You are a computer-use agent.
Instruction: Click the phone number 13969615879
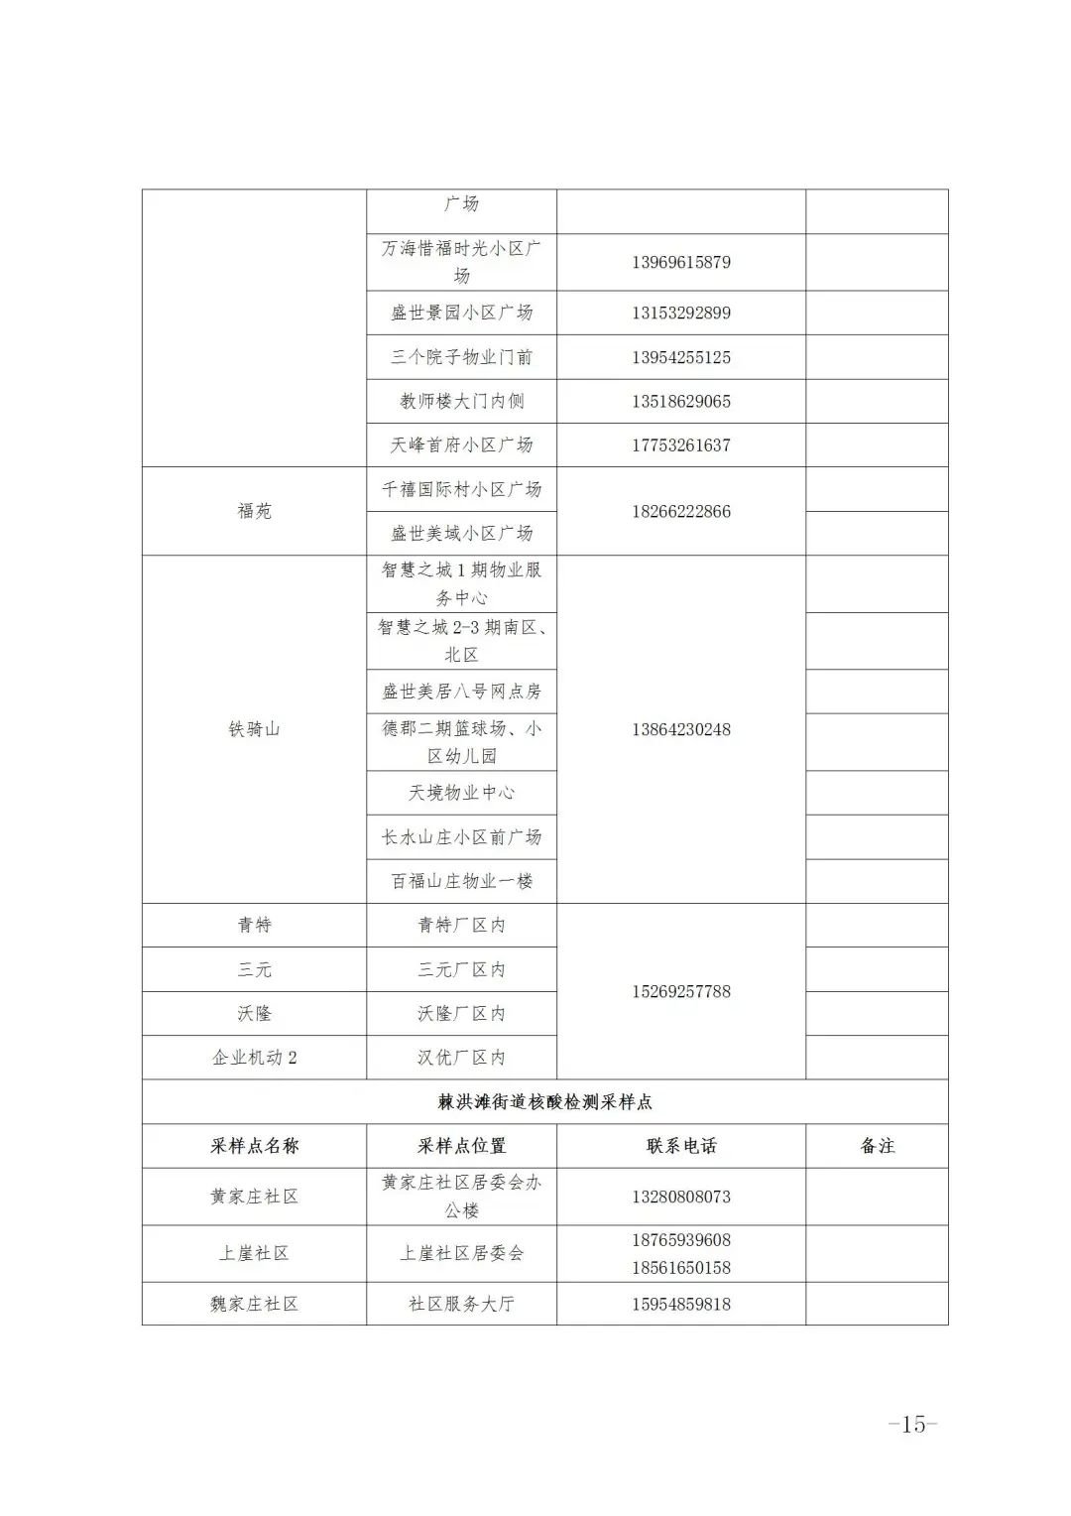pos(680,263)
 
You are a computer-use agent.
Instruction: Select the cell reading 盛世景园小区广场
pos(461,313)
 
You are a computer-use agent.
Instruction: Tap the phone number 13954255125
pos(680,357)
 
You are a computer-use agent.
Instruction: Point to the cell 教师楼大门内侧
pos(461,401)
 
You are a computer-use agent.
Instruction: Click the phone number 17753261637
pos(680,445)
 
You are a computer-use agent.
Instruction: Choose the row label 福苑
pos(254,511)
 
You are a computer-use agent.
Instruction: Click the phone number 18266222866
pos(680,511)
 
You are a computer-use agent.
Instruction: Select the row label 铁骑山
pos(254,729)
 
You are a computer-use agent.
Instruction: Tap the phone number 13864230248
pos(680,729)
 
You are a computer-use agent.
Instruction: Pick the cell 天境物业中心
pos(461,793)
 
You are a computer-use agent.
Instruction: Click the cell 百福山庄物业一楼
pos(461,881)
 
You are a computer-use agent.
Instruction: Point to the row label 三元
pos(254,969)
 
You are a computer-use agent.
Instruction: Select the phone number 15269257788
pos(680,991)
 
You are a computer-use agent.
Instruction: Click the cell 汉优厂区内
pos(461,1058)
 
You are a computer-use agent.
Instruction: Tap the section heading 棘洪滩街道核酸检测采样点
pos(544,1101)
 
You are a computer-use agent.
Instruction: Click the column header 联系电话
pos(680,1146)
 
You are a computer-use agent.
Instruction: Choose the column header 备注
pos(877,1146)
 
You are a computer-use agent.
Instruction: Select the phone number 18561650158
pos(680,1267)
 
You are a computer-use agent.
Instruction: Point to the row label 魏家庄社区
pos(254,1304)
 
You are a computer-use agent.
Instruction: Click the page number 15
pos(912,1424)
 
